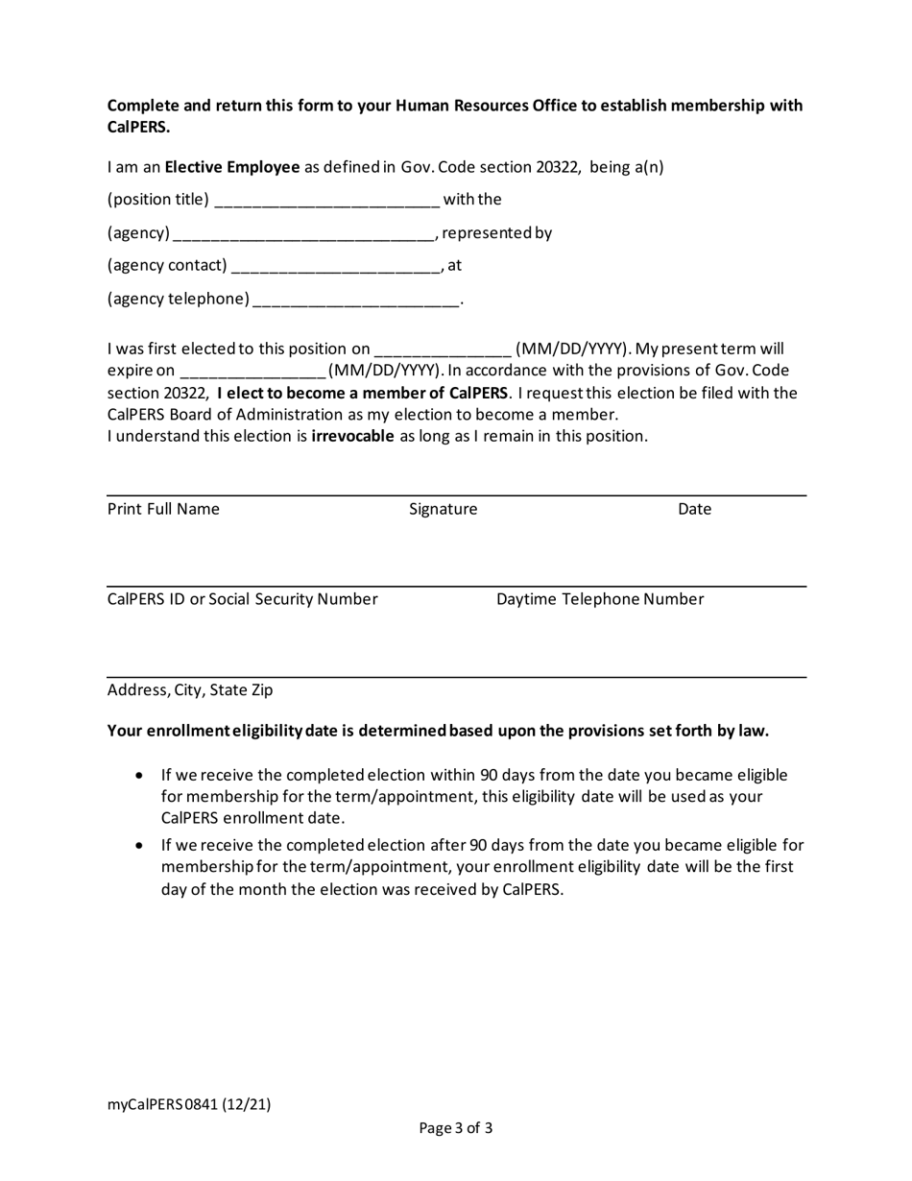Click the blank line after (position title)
click(x=327, y=202)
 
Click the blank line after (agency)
click(x=302, y=234)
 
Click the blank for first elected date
click(x=443, y=350)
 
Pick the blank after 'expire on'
click(x=253, y=372)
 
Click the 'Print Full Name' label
click(x=163, y=509)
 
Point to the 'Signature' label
click(x=443, y=509)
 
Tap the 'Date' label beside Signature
click(x=694, y=509)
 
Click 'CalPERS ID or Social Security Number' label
click(x=242, y=599)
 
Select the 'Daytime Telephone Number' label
click(x=599, y=599)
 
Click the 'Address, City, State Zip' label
click(x=190, y=689)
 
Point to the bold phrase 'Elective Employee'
click(x=232, y=167)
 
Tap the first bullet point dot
click(x=141, y=775)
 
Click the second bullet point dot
click(x=141, y=846)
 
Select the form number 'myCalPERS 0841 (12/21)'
click(x=189, y=1104)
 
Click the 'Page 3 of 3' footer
click(x=456, y=1128)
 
